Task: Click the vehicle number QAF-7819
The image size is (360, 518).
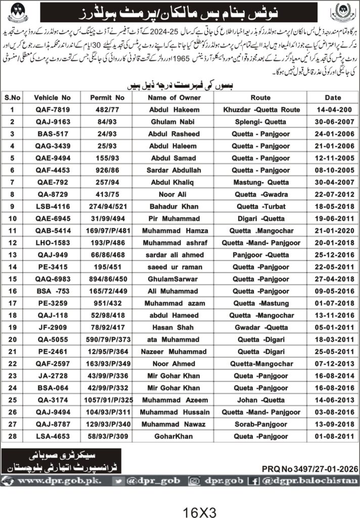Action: [x=52, y=110]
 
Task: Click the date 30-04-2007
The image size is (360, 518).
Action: [x=323, y=180]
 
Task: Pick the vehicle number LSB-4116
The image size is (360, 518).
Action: [x=52, y=206]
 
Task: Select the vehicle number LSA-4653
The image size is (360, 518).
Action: [x=52, y=436]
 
